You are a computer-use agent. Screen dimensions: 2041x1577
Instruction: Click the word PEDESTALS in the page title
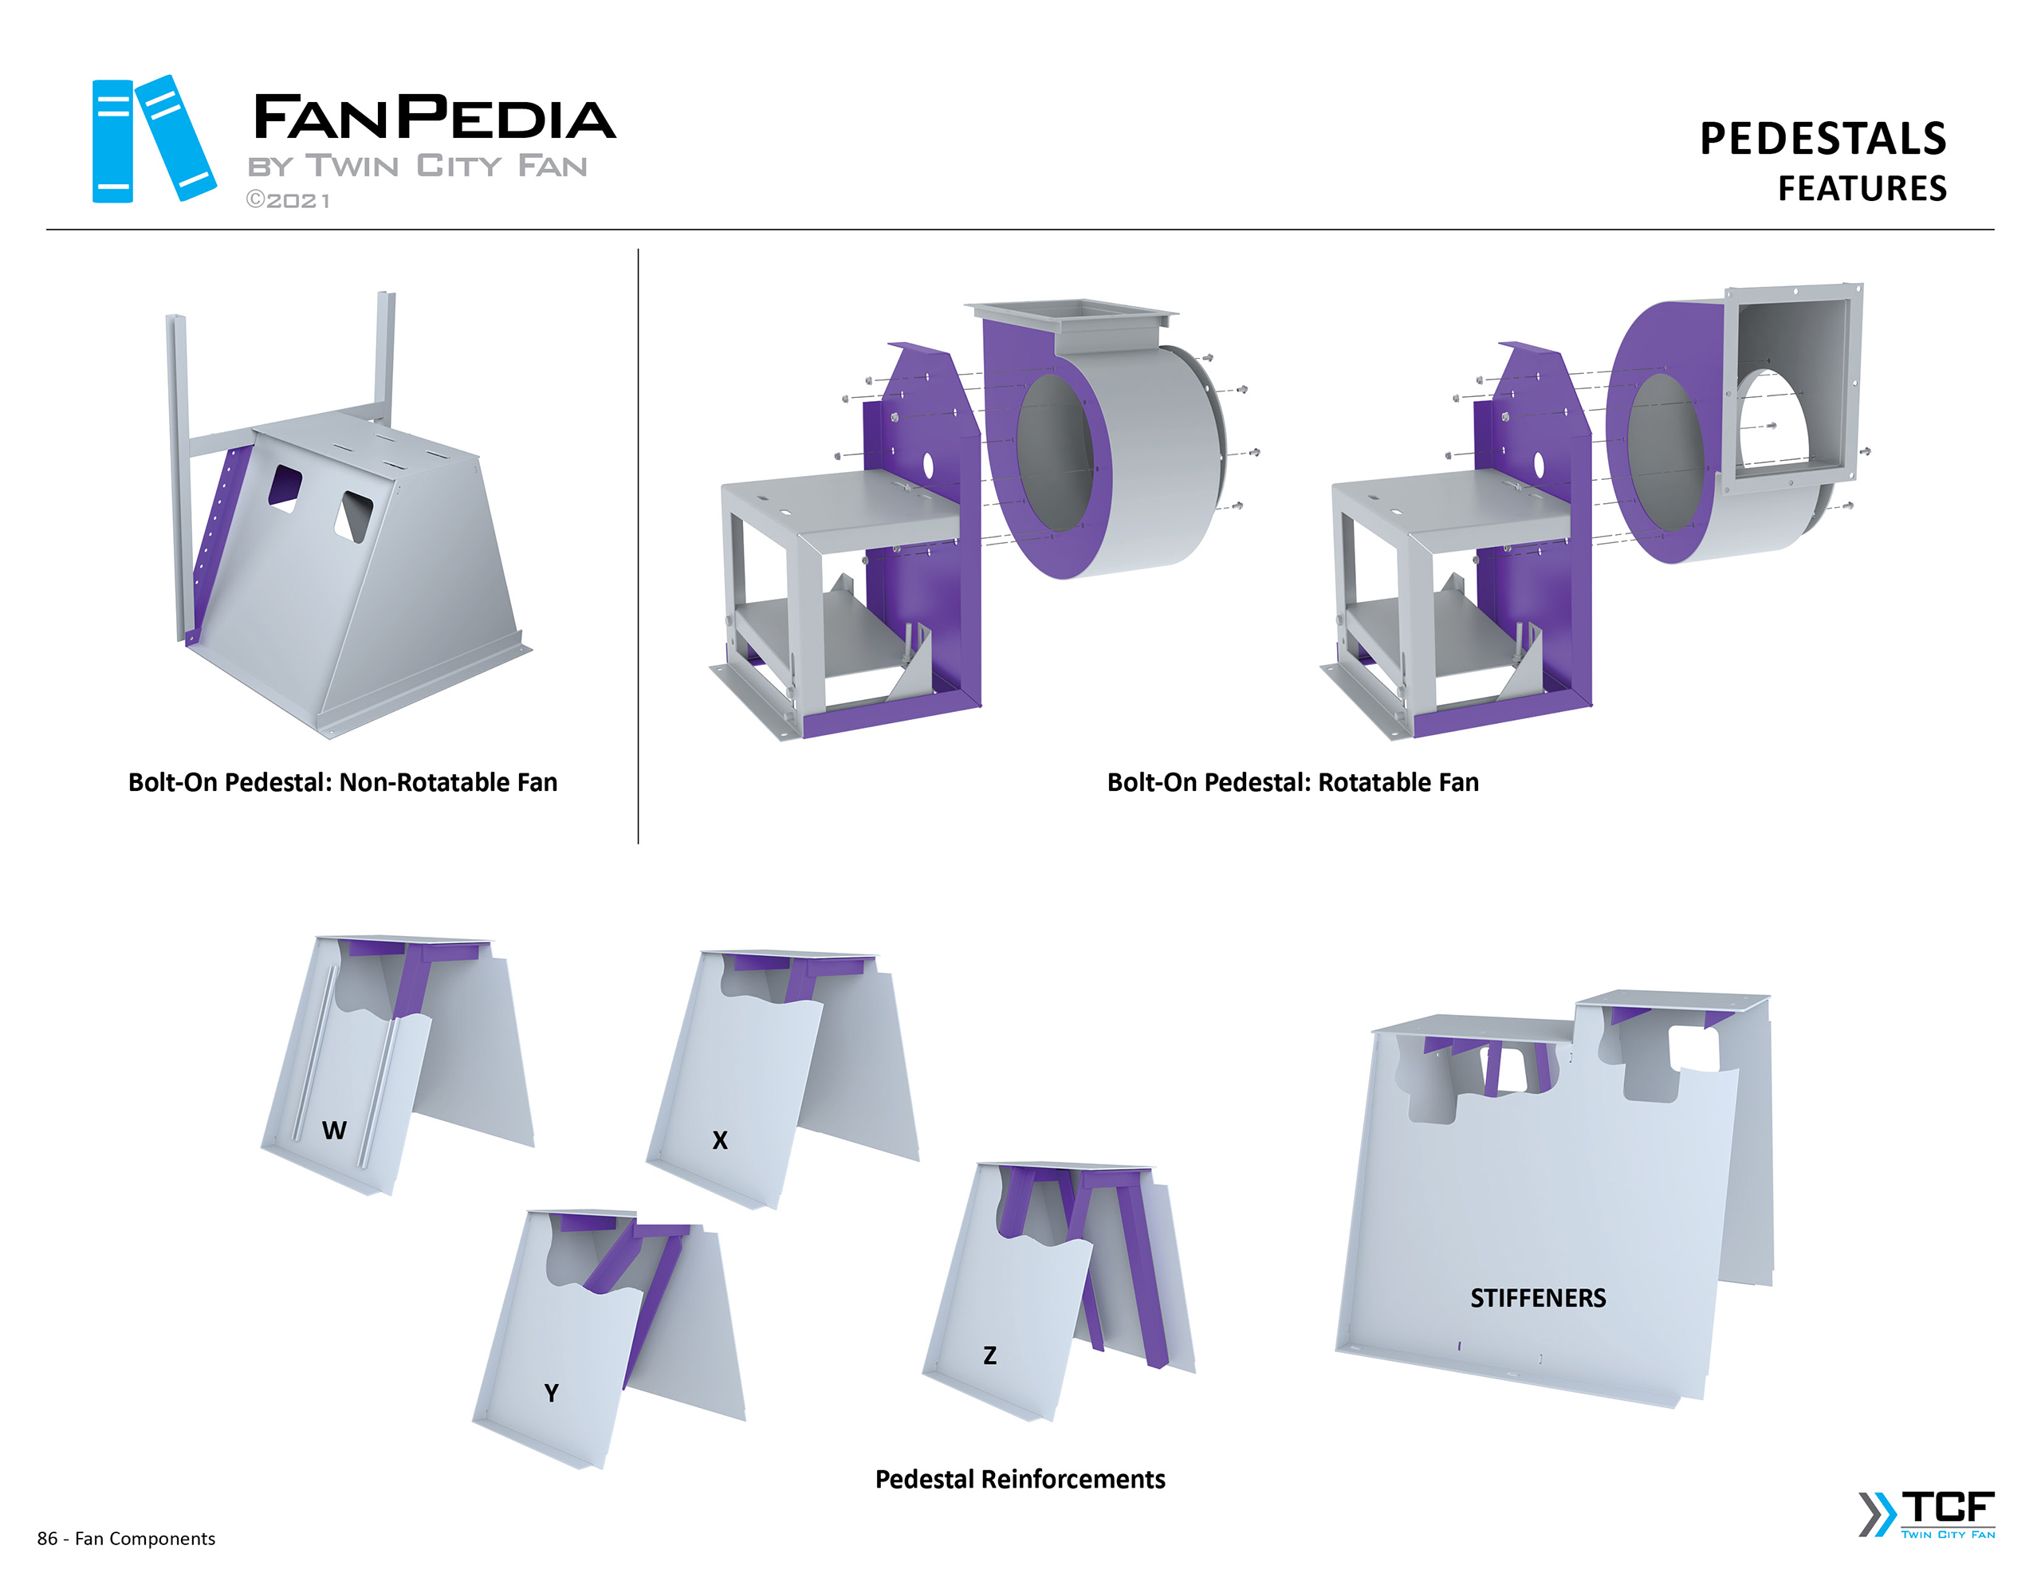(1823, 139)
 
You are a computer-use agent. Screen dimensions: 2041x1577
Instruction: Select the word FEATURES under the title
(1862, 189)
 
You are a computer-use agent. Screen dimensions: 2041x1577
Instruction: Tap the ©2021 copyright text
(288, 200)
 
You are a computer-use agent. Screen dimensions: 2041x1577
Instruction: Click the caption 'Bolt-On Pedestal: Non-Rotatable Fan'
(343, 782)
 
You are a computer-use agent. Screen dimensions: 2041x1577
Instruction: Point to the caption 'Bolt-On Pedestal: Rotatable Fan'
(1292, 782)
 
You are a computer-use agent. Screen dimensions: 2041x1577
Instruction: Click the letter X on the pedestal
(720, 1139)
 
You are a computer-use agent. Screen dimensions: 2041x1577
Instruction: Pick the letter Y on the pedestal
(552, 1393)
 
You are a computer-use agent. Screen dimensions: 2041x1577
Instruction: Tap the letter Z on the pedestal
(989, 1355)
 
